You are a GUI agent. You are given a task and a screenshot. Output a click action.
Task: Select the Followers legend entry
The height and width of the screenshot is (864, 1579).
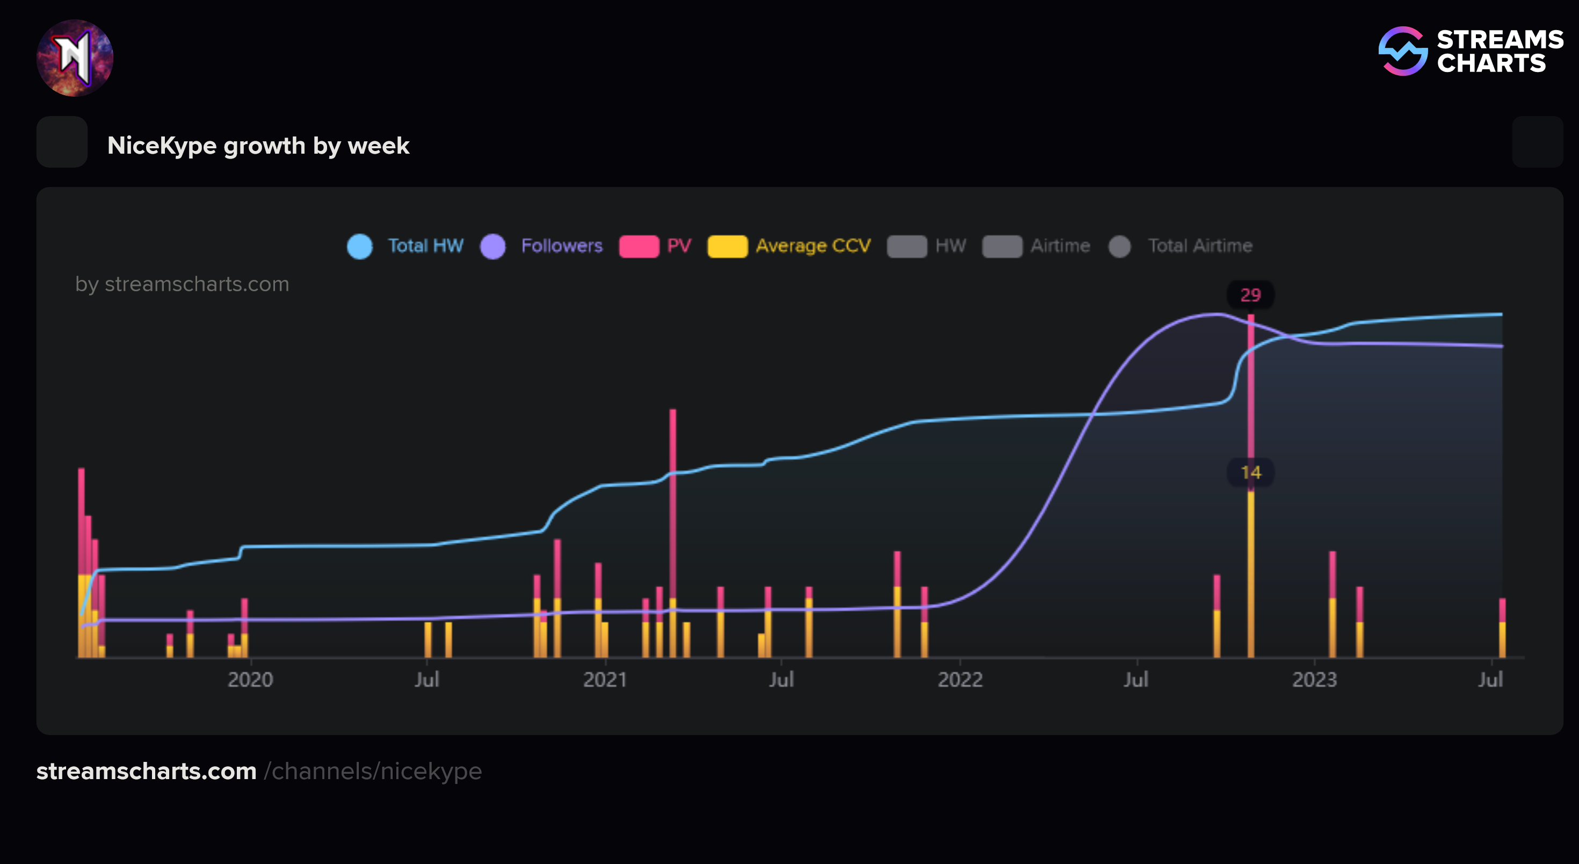(542, 246)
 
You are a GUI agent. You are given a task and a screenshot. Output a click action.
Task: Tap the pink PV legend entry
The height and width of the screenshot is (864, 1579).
(655, 246)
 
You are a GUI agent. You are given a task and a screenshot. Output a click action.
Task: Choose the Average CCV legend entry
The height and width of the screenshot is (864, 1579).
(789, 246)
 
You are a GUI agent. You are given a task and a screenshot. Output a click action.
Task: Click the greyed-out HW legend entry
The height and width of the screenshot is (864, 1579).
(927, 246)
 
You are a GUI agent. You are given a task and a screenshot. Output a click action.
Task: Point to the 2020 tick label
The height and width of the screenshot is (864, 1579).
(250, 679)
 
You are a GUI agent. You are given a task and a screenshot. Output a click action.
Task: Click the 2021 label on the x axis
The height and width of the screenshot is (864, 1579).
(605, 679)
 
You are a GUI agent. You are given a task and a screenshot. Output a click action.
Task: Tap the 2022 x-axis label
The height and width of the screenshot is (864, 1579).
(960, 679)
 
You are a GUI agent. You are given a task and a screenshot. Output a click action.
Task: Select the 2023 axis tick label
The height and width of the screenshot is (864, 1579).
(1314, 679)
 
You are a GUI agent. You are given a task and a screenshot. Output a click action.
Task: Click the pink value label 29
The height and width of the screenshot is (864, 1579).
(1250, 295)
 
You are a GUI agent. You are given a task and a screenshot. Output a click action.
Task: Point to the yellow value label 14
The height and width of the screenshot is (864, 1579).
(1250, 472)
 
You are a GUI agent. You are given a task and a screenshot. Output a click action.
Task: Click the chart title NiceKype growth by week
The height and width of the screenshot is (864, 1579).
(258, 146)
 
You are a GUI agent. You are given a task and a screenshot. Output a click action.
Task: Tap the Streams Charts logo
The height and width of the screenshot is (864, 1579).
(1471, 52)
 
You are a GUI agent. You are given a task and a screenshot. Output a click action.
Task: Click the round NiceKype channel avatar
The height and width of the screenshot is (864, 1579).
(75, 57)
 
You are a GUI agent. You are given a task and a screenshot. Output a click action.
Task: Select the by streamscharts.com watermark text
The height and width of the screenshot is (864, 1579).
(182, 284)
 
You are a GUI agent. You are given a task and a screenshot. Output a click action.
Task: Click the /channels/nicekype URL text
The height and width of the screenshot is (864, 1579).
(373, 771)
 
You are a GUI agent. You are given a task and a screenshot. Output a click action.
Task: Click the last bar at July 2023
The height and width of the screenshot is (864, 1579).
(1502, 629)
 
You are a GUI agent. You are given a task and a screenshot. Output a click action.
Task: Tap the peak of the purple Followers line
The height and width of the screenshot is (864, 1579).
(1216, 314)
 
